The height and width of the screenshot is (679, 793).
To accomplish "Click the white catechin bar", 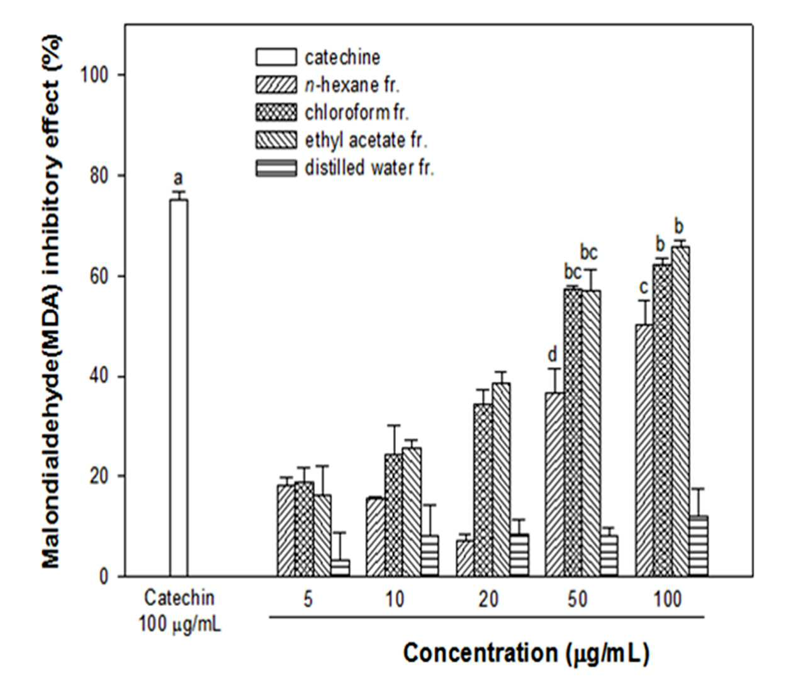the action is coord(179,387).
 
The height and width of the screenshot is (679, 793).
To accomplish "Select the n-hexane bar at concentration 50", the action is coord(554,484).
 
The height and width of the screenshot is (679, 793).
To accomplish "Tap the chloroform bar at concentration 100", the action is coord(663,420).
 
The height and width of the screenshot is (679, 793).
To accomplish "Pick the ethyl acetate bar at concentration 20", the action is coord(501,480).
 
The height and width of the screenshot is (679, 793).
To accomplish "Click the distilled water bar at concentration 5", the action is coord(340,568).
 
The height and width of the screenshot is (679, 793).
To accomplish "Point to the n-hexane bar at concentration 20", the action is coord(465,559).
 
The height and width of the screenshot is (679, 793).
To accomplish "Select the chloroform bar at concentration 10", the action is coord(393,515).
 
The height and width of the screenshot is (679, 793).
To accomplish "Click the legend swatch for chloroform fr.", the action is coord(276,112).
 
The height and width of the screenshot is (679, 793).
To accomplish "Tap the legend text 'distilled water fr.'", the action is coord(369,168).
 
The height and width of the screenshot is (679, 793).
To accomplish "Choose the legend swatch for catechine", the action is coord(276,57).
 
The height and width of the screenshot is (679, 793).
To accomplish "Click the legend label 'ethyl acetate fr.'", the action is coord(366,140).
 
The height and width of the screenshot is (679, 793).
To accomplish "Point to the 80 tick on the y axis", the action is coord(120,176).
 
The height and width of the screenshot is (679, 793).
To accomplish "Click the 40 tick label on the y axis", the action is coord(99,377).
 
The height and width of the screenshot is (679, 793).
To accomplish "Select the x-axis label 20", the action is coord(488,599).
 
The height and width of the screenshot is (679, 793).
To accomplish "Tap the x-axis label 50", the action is coord(577,599).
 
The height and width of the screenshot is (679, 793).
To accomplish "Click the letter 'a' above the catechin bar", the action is coord(178,179).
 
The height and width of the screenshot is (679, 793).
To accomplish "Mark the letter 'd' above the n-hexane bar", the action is coord(552,355).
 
